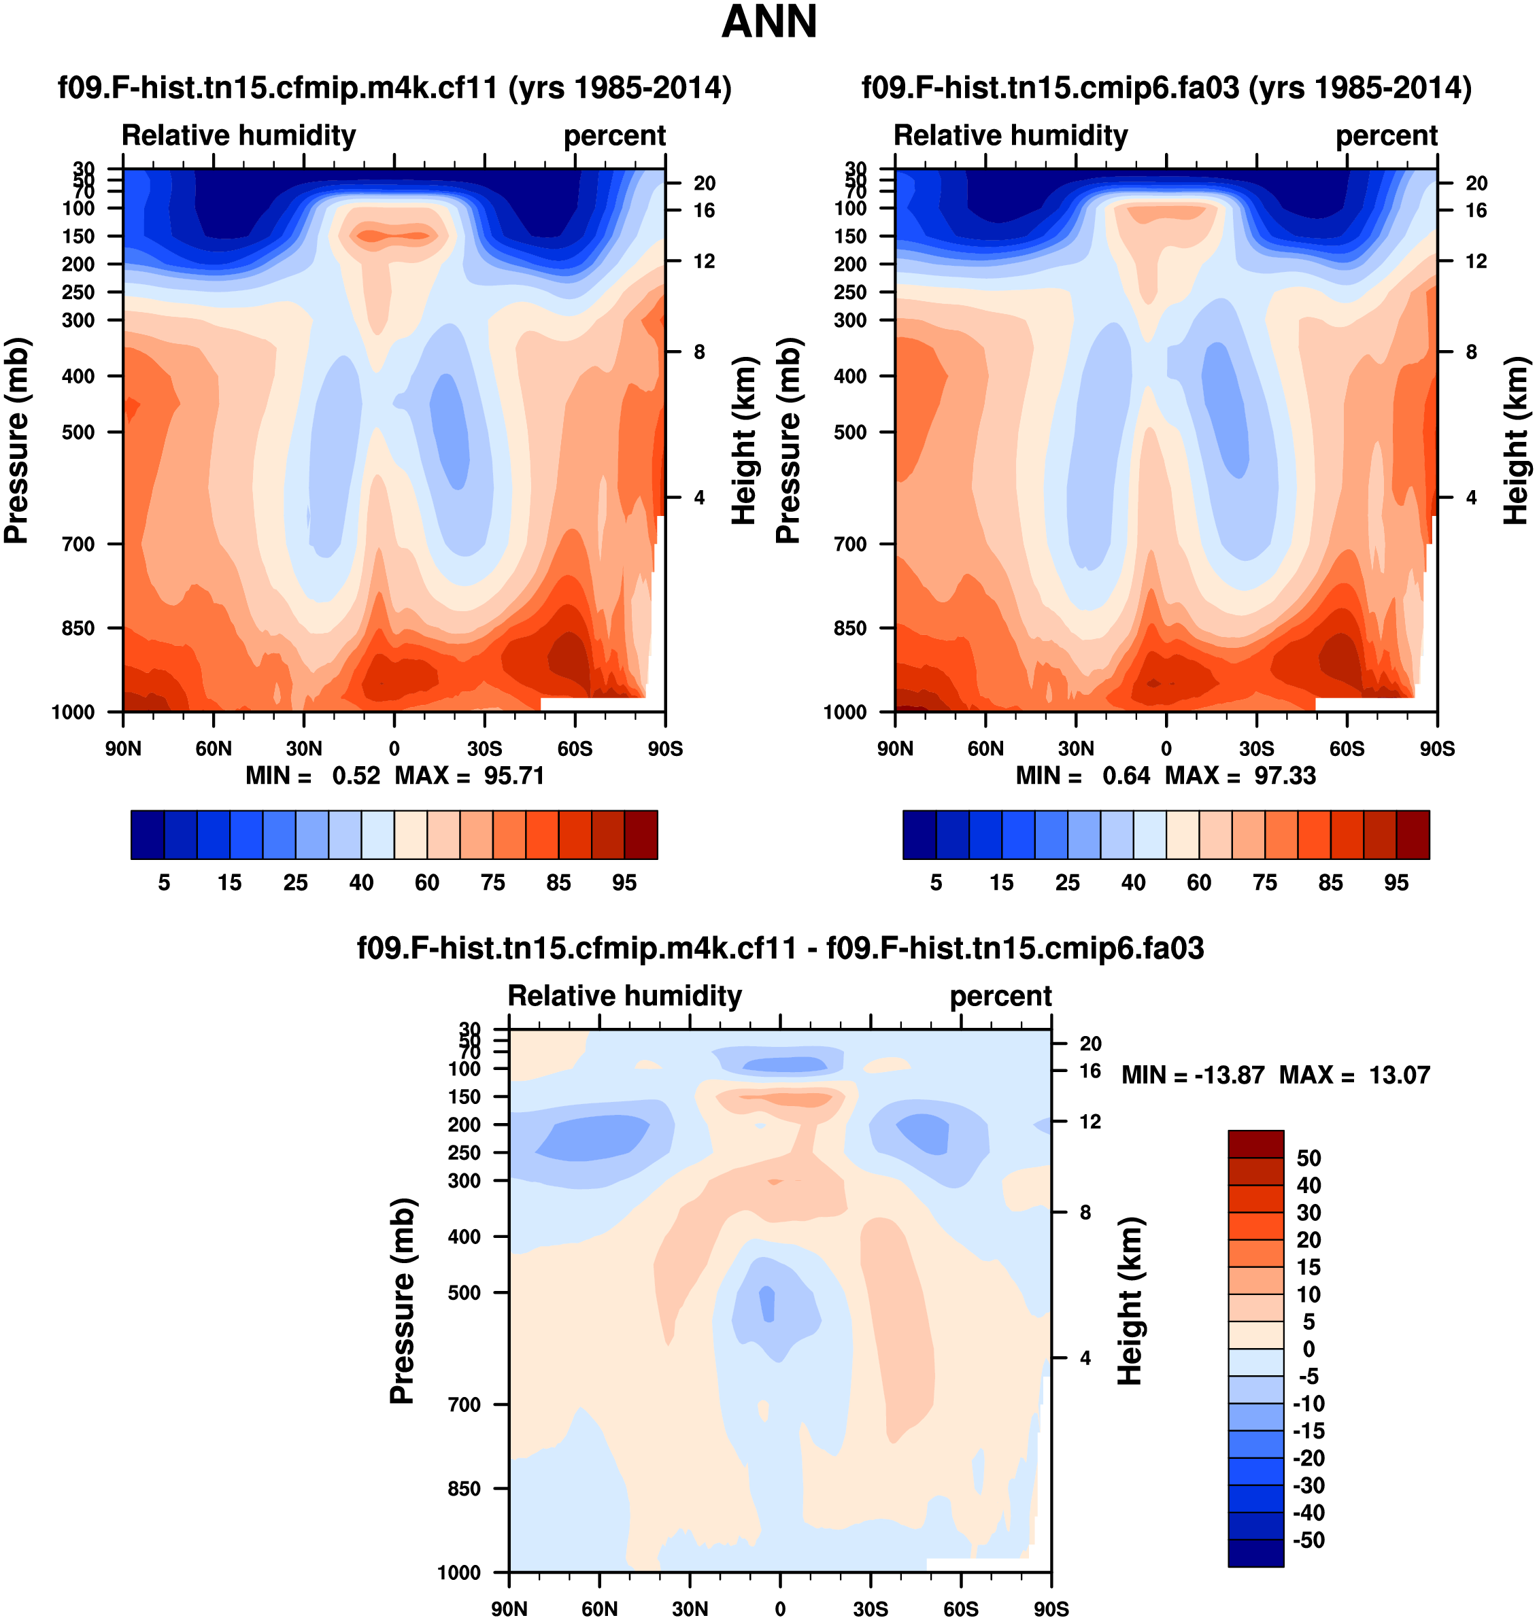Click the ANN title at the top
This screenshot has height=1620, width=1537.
768,22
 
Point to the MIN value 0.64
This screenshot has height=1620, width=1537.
1126,775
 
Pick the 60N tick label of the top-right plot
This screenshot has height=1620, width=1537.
985,748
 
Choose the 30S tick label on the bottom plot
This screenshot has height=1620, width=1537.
870,1608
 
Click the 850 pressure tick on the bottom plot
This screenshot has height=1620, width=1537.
464,1488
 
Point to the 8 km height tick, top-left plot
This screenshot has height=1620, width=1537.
699,352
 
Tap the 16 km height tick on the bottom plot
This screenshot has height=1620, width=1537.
1090,1071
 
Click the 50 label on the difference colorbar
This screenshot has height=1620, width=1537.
1308,1158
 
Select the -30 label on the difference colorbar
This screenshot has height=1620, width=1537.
1308,1485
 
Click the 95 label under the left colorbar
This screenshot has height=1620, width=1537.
624,882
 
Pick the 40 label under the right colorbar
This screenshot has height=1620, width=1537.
1133,882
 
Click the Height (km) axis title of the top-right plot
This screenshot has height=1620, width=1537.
1517,440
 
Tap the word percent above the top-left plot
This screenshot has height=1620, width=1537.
615,135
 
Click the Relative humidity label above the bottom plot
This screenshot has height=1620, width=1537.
624,995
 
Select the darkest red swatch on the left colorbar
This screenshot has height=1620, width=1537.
641,835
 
